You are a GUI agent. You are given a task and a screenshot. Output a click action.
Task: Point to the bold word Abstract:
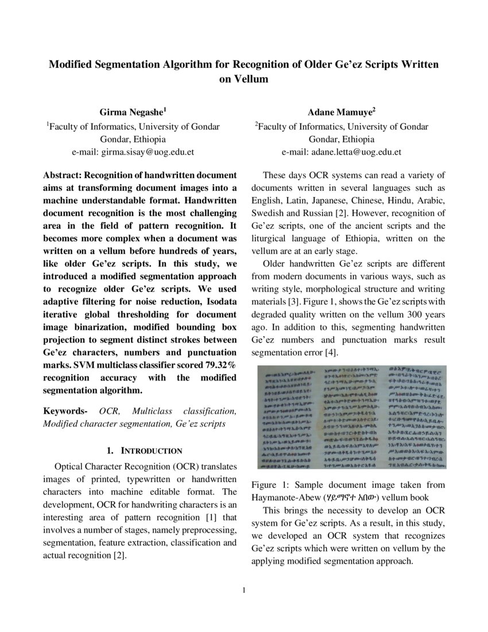pos(63,175)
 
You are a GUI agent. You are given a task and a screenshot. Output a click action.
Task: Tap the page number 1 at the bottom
pos(244,589)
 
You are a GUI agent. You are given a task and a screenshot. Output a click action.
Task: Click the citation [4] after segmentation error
pos(331,352)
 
